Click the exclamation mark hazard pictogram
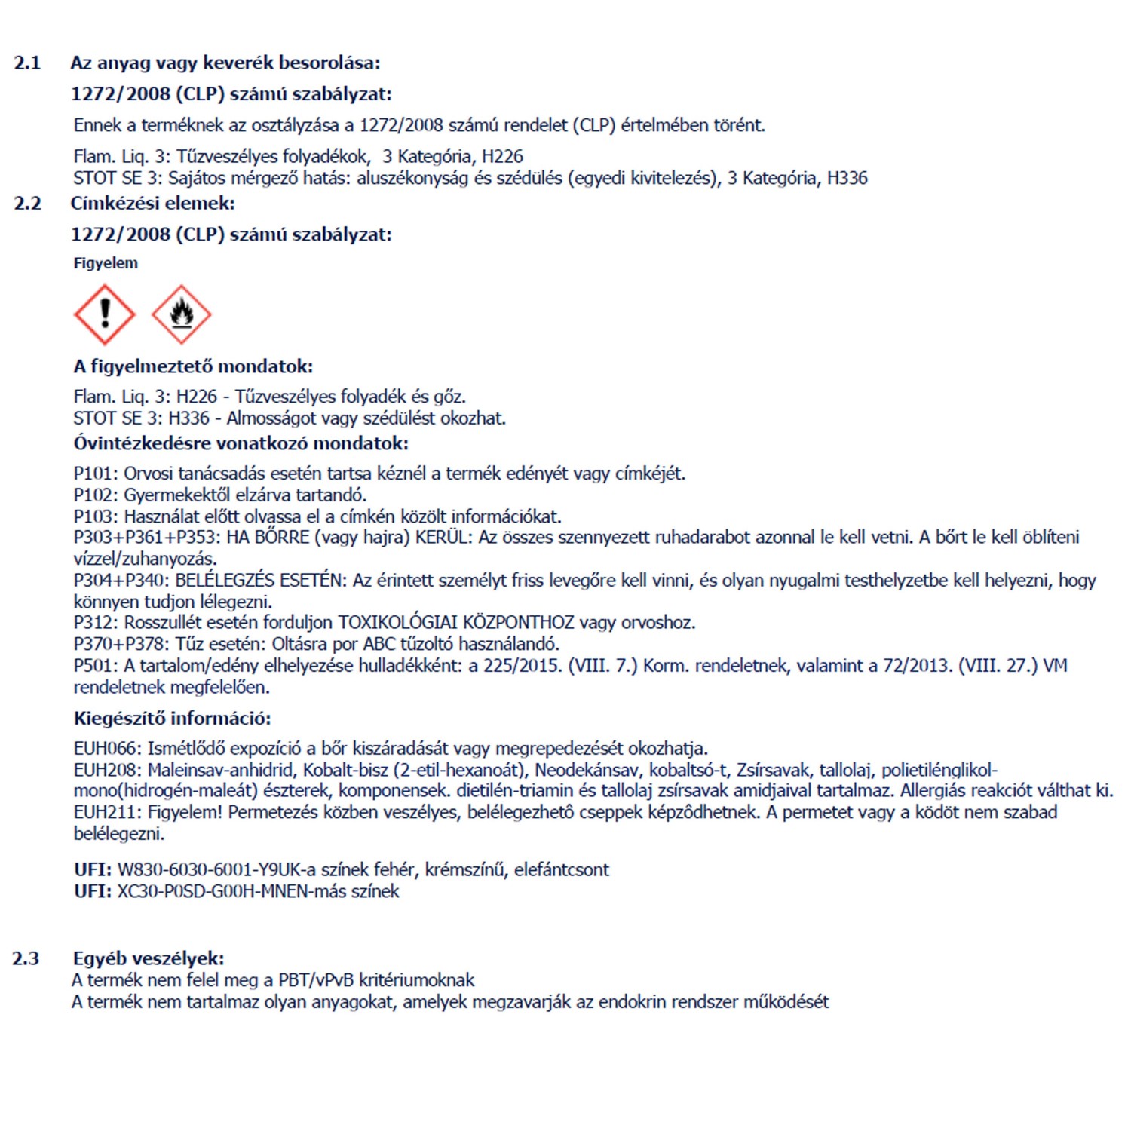105,314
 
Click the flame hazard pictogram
181,314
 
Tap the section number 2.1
27,63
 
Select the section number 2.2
27,203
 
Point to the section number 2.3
26,958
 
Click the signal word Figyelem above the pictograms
106,263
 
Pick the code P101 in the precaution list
96,474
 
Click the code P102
96,495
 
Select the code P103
96,516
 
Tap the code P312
96,623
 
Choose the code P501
96,666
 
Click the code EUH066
107,749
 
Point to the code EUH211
107,812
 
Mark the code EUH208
107,770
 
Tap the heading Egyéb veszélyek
149,958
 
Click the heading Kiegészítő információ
172,718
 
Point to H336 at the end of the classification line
847,178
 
